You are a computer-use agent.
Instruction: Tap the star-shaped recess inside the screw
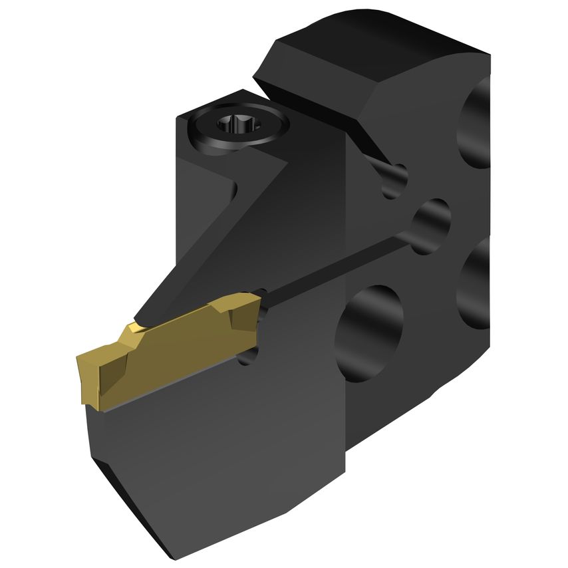[239, 125]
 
